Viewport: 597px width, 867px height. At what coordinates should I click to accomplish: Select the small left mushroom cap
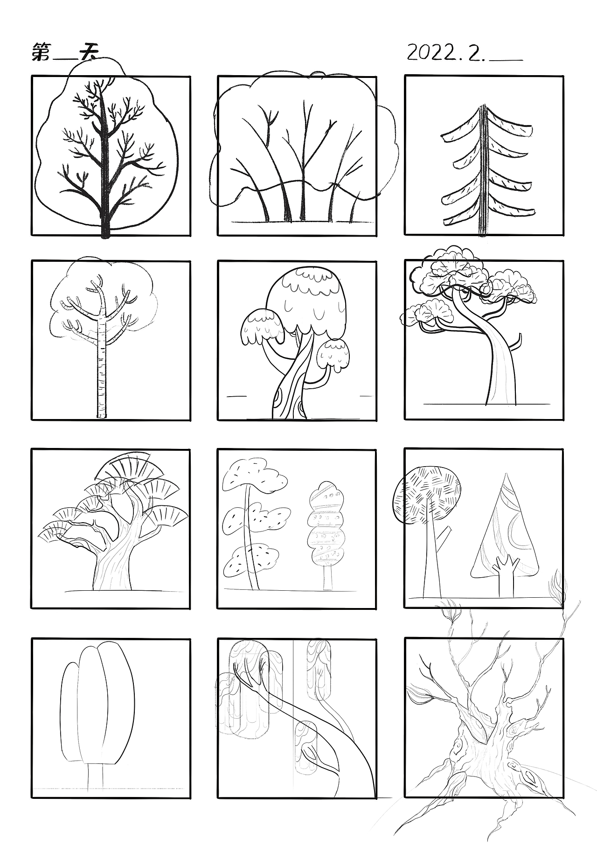tap(262, 327)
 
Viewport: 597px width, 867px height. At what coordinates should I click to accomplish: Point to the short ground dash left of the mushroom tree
tap(236, 396)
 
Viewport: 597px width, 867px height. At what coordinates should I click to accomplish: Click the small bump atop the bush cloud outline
tap(319, 74)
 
